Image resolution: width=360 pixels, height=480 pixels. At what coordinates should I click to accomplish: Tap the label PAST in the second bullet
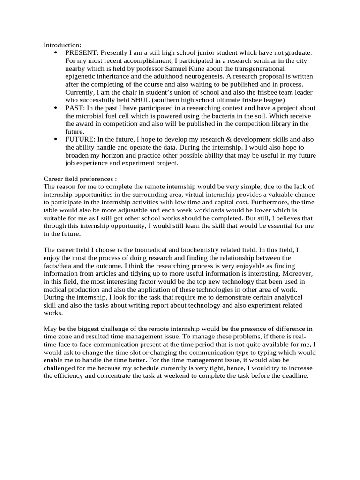coord(74,108)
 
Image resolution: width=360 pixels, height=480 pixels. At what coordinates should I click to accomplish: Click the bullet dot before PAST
coord(56,108)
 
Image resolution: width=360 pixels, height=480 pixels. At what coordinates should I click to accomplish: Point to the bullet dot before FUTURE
coord(56,140)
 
